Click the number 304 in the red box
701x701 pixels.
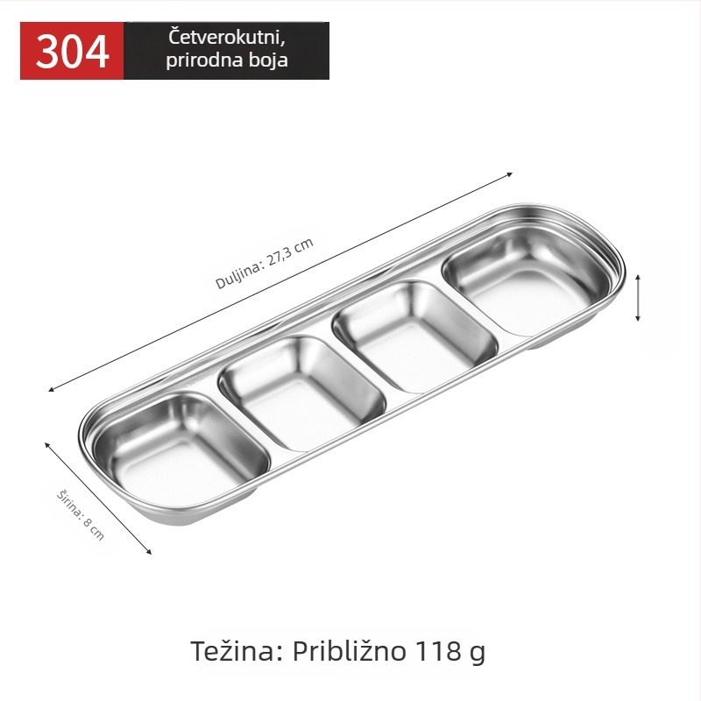(x=72, y=52)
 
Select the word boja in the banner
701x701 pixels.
(x=268, y=60)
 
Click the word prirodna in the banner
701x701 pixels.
(x=205, y=60)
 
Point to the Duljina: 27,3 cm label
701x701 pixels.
(x=265, y=264)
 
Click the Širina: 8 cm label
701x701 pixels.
(x=81, y=515)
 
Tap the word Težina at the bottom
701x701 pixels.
(x=237, y=650)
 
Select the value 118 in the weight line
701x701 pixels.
(x=438, y=651)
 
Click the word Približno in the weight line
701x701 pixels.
(x=350, y=652)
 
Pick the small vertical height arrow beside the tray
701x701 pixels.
(x=638, y=298)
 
